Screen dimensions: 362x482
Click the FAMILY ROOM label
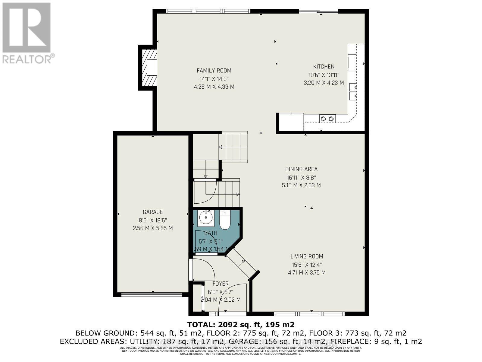pyautogui.click(x=214, y=71)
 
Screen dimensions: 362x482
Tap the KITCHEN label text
pyautogui.click(x=324, y=67)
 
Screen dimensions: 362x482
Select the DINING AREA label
pyautogui.click(x=301, y=169)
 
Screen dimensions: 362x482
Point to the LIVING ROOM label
pyautogui.click(x=307, y=256)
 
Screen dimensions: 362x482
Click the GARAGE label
pyautogui.click(x=153, y=212)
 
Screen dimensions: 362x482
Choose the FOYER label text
pyautogui.click(x=221, y=284)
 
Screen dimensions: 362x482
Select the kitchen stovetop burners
pyautogui.click(x=327, y=119)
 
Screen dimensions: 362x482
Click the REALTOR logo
pyautogui.click(x=27, y=33)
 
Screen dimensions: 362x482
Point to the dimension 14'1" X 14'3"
pyautogui.click(x=214, y=79)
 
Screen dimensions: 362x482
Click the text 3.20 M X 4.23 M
pyautogui.click(x=324, y=83)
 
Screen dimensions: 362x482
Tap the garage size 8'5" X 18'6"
pyautogui.click(x=153, y=220)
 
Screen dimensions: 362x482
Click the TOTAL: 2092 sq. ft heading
pyautogui.click(x=241, y=325)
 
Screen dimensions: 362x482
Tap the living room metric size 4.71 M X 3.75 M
pyautogui.click(x=307, y=273)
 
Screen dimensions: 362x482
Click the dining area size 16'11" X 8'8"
pyautogui.click(x=301, y=177)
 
